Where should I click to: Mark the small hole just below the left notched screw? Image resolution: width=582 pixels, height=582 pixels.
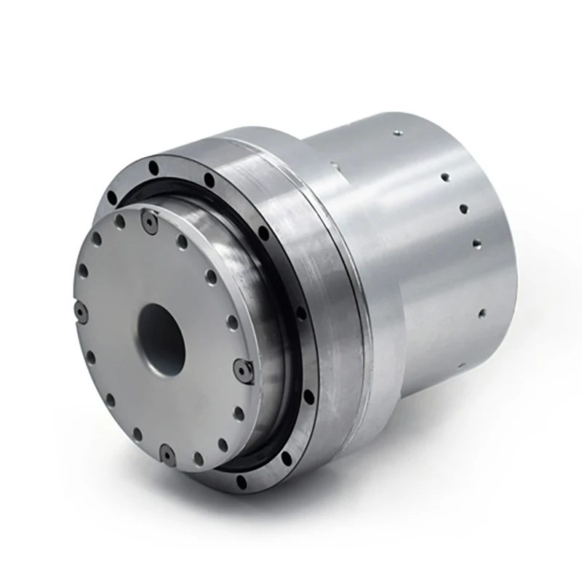92,356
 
